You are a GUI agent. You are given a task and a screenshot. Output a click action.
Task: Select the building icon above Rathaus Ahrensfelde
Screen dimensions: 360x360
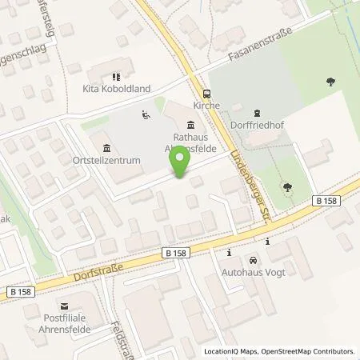(x=190, y=124)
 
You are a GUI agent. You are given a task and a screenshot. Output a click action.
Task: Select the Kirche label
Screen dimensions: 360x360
(x=206, y=105)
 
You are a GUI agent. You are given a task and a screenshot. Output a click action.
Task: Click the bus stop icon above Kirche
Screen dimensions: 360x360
(x=206, y=92)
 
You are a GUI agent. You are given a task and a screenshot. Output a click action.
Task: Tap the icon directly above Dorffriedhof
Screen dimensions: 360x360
(x=256, y=113)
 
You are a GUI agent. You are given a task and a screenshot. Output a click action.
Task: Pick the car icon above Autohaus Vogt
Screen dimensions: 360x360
(x=253, y=262)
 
